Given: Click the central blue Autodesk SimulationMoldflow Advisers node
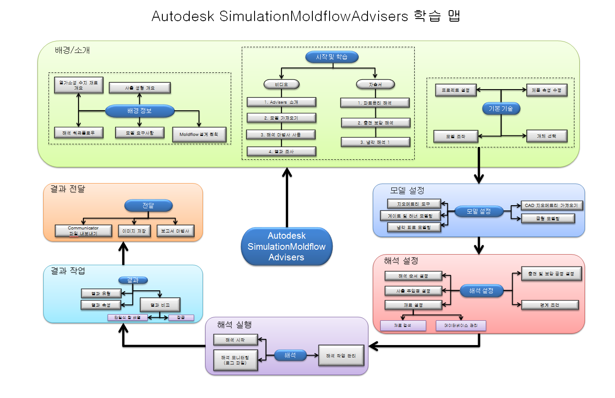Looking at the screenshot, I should click(x=286, y=246).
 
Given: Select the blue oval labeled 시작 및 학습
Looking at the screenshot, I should click(x=331, y=57).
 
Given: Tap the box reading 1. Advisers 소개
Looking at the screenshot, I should click(x=281, y=102).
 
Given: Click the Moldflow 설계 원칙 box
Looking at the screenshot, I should click(x=199, y=135).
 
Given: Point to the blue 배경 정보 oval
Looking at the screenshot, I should click(x=139, y=111).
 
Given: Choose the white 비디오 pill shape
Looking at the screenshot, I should click(x=281, y=84).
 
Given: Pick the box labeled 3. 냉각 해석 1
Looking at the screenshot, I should click(x=375, y=142).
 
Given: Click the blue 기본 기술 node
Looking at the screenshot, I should click(x=501, y=109).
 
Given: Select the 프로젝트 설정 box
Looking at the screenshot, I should click(x=455, y=90).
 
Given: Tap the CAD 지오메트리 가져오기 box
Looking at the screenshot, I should click(x=551, y=206).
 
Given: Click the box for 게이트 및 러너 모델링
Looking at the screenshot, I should click(x=410, y=216).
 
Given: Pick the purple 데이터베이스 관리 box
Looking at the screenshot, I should click(x=461, y=326).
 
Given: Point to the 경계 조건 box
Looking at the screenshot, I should click(x=549, y=305).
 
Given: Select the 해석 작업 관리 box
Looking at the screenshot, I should click(x=341, y=356).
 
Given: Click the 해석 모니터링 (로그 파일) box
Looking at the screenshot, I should click(x=235, y=360).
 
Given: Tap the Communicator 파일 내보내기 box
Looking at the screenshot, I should click(x=83, y=231).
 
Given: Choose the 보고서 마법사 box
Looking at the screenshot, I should click(x=175, y=231).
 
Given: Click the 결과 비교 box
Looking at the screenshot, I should click(x=160, y=305).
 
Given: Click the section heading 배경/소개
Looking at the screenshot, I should click(x=72, y=50).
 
